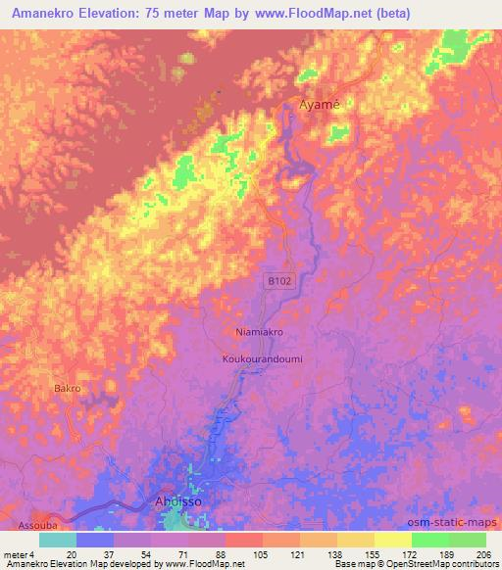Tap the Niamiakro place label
click(260, 332)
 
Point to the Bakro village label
click(67, 389)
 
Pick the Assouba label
click(24, 514)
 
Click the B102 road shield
click(280, 281)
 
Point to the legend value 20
click(72, 554)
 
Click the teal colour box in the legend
click(58, 540)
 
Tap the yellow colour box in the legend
click(392, 540)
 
